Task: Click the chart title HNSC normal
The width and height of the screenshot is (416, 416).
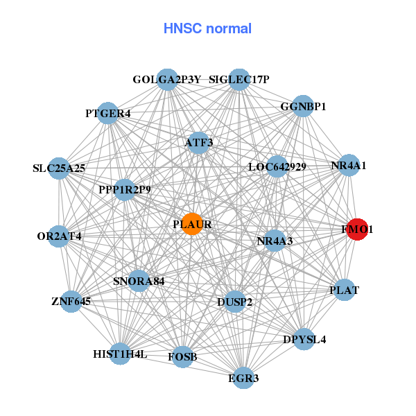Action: coord(207,28)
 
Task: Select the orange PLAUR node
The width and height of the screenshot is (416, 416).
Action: coord(192,225)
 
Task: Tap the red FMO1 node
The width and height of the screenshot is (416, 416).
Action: coord(356,229)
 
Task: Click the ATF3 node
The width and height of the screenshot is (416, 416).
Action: coord(199,143)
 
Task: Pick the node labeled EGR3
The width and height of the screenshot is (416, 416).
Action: coord(243,378)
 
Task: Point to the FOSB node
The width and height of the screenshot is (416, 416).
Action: coord(182,357)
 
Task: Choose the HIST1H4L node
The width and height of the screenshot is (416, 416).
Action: coord(120,354)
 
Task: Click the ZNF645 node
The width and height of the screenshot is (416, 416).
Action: coord(71,302)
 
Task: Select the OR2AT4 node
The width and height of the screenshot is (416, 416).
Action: coord(59,236)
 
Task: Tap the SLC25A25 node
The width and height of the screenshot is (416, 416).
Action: coord(58,168)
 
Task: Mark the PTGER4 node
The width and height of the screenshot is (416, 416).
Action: coord(107,113)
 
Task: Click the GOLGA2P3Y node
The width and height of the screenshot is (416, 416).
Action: coord(166,80)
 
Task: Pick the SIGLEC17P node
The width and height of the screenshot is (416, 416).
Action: coord(239,80)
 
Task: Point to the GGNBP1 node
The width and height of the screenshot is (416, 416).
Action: coord(303,107)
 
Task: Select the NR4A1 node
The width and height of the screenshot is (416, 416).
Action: coord(349,166)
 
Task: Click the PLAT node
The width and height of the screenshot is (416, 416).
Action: coord(345,291)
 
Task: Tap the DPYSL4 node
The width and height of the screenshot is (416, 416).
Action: coord(304,340)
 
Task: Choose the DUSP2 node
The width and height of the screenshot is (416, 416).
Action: coord(235,302)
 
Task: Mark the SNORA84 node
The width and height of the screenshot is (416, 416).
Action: coord(139,281)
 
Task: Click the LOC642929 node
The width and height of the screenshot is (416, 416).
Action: coord(277,166)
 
